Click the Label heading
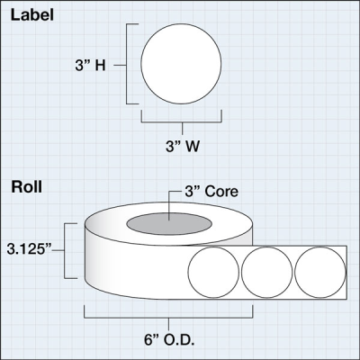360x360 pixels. coord(32,15)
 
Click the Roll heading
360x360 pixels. coord(27,187)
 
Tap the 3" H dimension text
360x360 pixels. coord(90,65)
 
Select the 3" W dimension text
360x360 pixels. coord(183,147)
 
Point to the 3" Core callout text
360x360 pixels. coord(211,192)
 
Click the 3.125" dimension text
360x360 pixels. coord(30,249)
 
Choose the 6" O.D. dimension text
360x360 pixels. coord(169,340)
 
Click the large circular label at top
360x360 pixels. coord(181,64)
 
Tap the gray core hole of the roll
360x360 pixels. coord(169,224)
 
